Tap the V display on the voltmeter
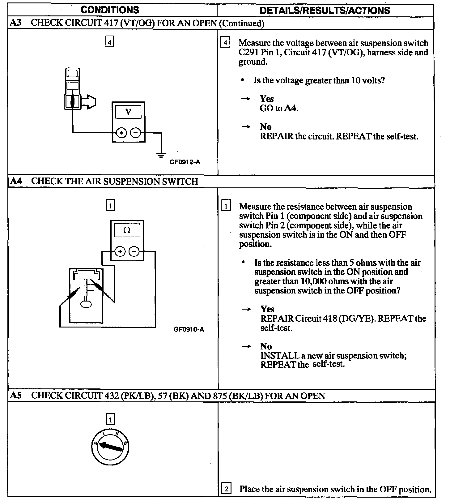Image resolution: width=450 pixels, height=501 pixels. coord(128,112)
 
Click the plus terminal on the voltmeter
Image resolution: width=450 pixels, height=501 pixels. coord(122,133)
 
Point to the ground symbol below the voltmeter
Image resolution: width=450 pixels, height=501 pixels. coord(161,154)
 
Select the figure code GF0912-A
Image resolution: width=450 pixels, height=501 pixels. coord(185,162)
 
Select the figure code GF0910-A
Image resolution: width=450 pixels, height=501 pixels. coord(189,329)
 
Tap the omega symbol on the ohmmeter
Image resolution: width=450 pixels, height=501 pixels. coord(127,230)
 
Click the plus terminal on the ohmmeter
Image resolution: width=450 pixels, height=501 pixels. coord(120,251)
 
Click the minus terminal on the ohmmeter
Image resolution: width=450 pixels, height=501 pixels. coord(134,251)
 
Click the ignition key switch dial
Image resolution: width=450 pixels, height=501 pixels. coord(110,447)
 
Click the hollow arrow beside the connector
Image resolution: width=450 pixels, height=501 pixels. coord(90,102)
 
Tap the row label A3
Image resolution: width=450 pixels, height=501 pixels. coord(16,23)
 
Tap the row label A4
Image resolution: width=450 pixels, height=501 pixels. coord(16,181)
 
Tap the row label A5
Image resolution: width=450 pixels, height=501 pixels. coord(16,396)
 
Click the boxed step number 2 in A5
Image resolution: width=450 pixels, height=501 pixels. coord(227,489)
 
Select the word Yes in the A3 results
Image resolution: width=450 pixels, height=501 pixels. coord(267,99)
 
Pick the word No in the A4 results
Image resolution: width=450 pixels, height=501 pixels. coord(266,346)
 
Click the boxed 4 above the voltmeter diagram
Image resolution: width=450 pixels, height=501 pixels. coord(110,41)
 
